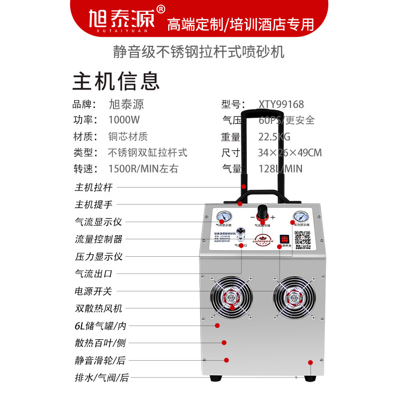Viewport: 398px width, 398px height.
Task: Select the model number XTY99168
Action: click(281, 104)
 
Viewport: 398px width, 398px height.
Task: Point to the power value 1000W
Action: click(124, 120)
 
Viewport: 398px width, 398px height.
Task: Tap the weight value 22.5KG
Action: click(274, 136)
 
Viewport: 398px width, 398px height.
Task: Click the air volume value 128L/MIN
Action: click(281, 169)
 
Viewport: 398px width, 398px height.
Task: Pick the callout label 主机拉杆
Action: click(94, 188)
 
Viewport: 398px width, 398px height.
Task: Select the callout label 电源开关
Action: click(94, 291)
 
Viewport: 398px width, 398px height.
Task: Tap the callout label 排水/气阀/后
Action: click(101, 378)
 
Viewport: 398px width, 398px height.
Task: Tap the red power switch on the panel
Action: click(285, 239)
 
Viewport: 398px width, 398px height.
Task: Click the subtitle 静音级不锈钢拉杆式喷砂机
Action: click(199, 52)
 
